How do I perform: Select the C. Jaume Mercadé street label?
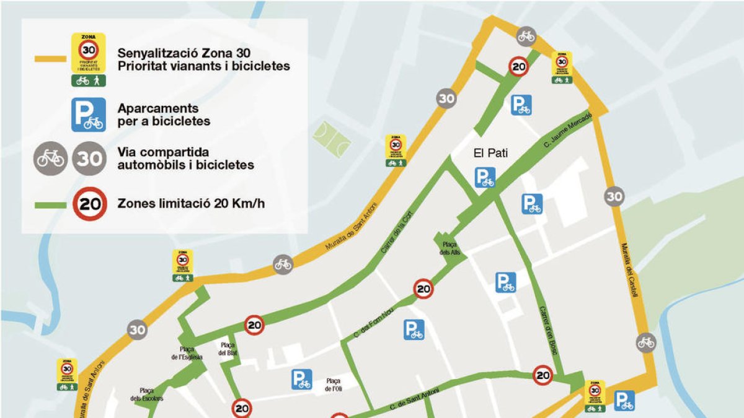[569, 129]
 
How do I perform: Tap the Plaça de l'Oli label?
[334, 385]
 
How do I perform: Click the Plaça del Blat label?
[228, 349]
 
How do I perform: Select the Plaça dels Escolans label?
[147, 394]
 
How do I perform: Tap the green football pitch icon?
[332, 140]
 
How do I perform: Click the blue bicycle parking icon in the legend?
[88, 115]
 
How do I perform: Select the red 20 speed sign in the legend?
[90, 203]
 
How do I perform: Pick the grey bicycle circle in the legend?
[50, 159]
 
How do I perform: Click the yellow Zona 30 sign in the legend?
[88, 59]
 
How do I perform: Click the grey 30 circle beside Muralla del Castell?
[614, 197]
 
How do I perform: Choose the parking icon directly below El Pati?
[485, 178]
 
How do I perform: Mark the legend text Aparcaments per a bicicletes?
[164, 115]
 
